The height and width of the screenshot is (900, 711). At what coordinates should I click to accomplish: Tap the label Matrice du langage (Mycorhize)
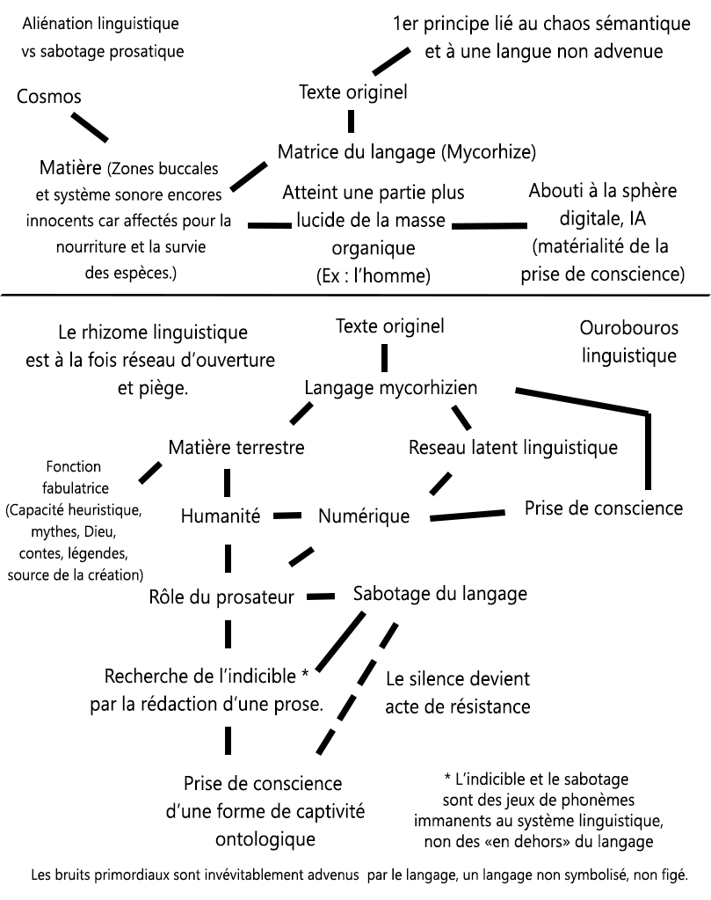click(x=406, y=151)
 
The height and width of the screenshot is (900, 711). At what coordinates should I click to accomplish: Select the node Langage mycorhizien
click(x=390, y=387)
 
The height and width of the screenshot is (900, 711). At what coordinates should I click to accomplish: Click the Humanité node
click(x=221, y=516)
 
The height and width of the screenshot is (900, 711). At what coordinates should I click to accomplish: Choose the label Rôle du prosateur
click(x=221, y=599)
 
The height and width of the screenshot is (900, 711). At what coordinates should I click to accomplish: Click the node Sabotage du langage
click(x=439, y=593)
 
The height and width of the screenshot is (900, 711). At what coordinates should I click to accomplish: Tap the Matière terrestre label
click(x=236, y=447)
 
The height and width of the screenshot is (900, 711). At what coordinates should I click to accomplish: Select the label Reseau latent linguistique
click(x=513, y=447)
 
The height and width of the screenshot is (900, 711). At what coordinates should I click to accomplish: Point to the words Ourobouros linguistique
click(x=628, y=341)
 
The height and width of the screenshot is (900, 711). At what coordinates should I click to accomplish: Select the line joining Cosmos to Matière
click(x=90, y=127)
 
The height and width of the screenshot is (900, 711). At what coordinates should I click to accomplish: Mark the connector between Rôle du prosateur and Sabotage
click(x=322, y=596)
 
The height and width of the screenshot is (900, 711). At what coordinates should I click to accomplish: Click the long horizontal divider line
click(x=355, y=296)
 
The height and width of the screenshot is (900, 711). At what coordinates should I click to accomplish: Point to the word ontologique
click(x=265, y=838)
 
